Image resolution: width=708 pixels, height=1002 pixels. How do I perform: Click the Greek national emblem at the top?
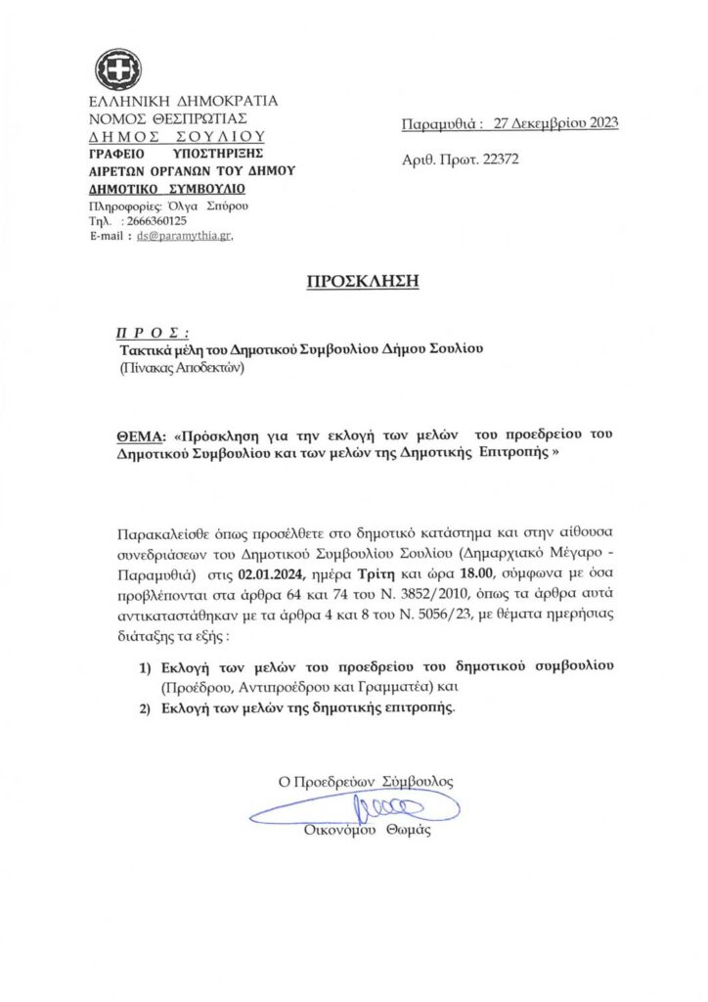coord(117,69)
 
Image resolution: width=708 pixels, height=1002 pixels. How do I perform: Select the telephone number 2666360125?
coord(155,221)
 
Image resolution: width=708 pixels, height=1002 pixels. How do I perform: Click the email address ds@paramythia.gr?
coord(184,236)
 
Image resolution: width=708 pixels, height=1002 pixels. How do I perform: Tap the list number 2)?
coord(144,708)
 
